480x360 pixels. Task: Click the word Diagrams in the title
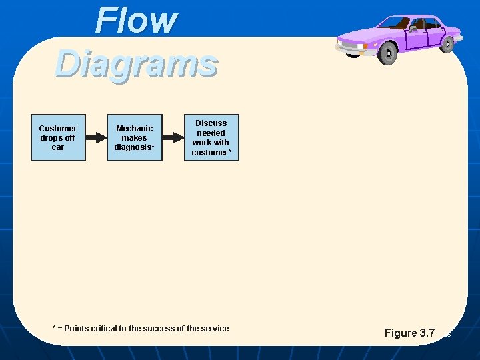tap(137, 64)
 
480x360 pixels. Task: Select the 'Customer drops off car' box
tap(58, 138)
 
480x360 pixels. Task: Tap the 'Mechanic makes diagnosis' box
tap(134, 138)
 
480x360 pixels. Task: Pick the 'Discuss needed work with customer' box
tap(211, 138)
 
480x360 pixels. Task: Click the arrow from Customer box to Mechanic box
tap(96, 138)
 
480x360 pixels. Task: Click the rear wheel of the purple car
tap(447, 43)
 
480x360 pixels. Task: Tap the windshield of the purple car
tap(398, 23)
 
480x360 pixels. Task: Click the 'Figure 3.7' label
tap(409, 333)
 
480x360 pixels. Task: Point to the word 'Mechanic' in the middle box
tap(134, 128)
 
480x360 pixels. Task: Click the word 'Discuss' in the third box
tap(211, 123)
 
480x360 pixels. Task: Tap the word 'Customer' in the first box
tap(58, 128)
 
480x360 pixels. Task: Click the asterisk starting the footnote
tap(55, 327)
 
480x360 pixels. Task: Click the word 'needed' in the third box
tap(211, 133)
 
